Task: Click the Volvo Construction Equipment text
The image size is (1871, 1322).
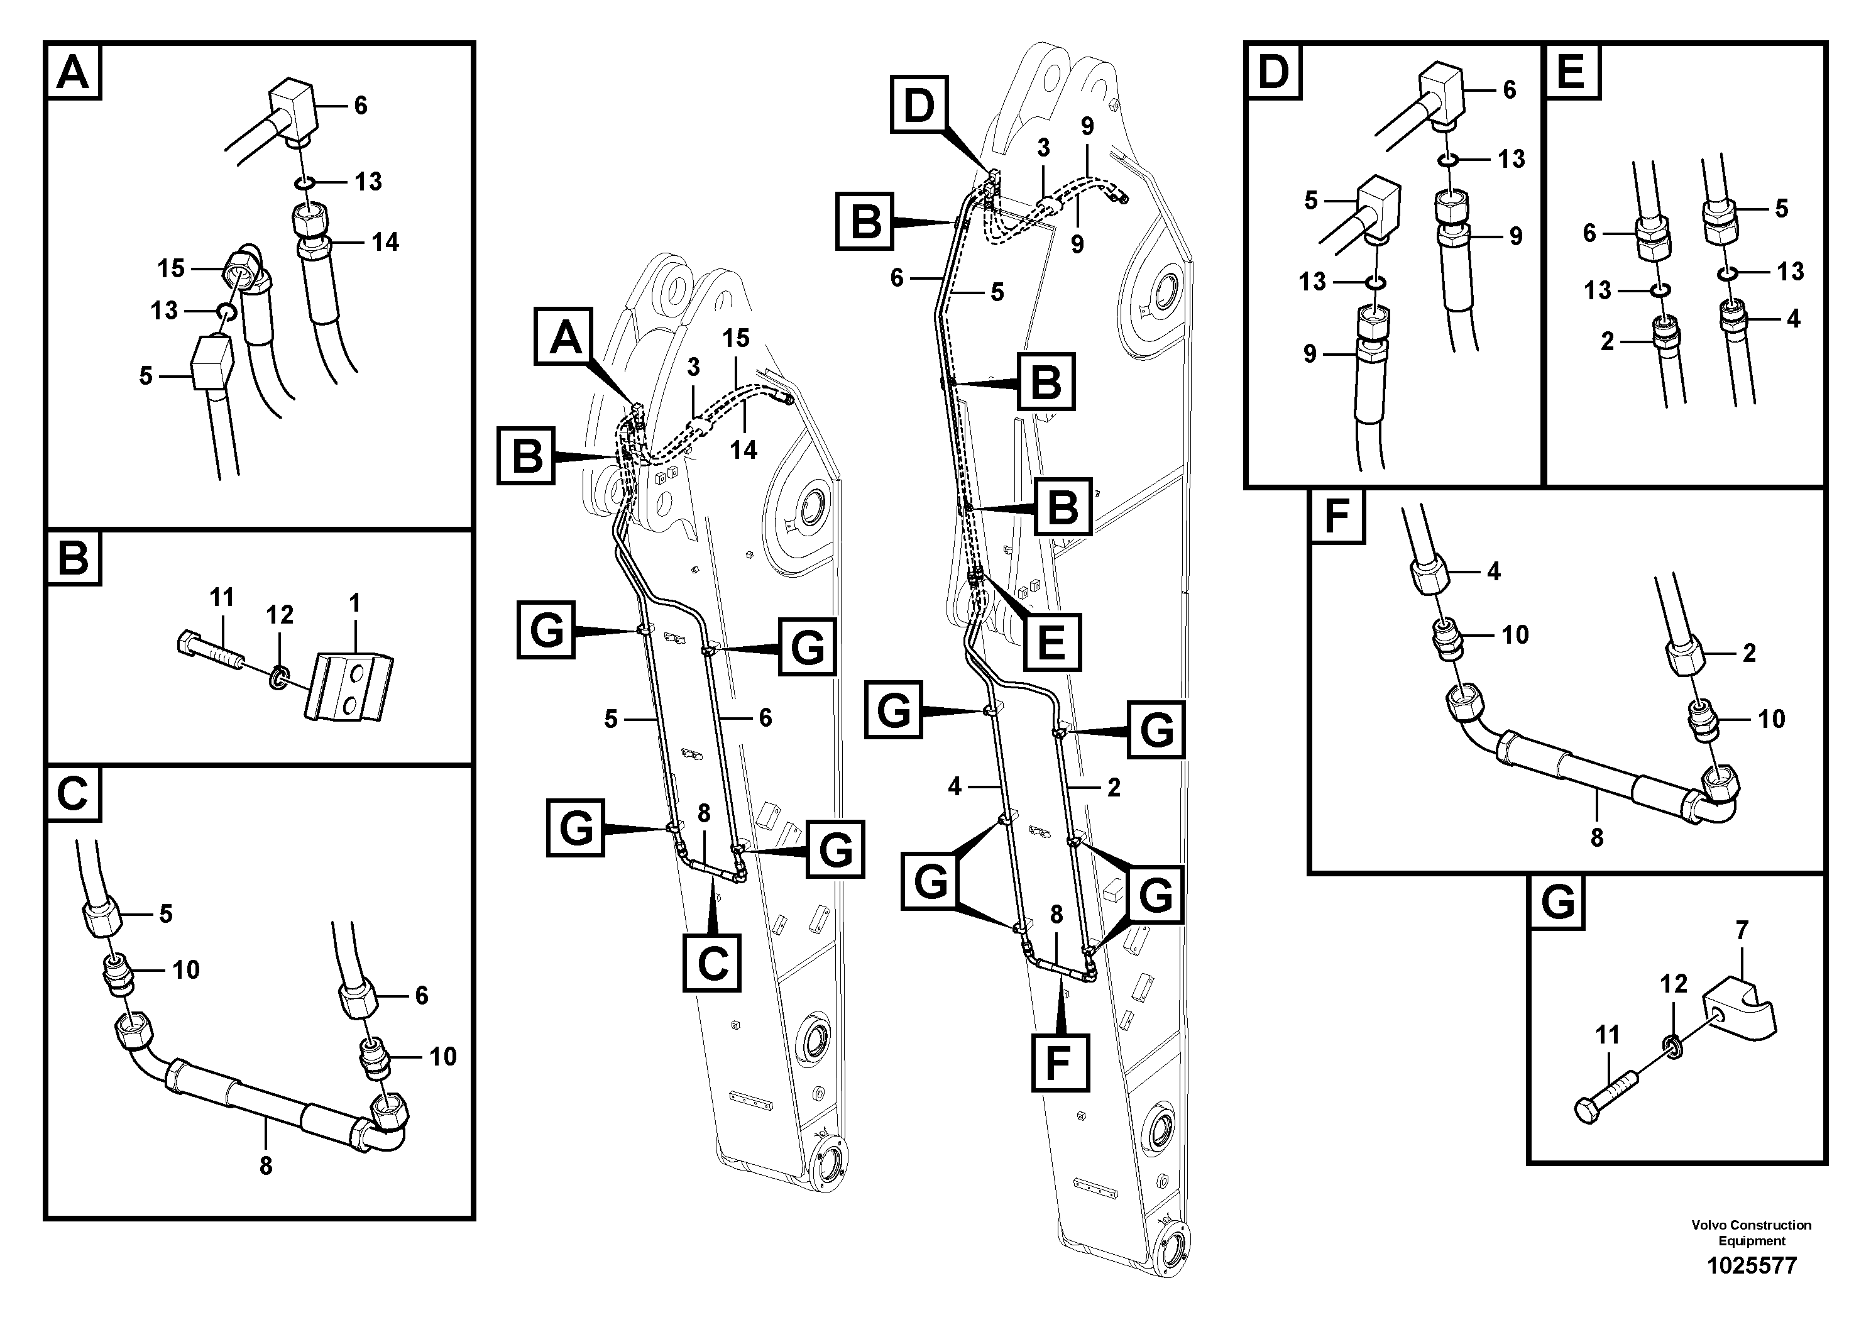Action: (x=1751, y=1232)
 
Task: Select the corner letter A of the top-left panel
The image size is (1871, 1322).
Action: (x=74, y=72)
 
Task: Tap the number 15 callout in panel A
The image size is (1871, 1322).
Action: (x=171, y=268)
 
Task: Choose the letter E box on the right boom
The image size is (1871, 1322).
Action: (x=1051, y=641)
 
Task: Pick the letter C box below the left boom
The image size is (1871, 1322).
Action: (x=712, y=964)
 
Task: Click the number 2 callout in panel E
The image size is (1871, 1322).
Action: (x=1607, y=341)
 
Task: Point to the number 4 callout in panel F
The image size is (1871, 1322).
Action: (x=1493, y=571)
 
